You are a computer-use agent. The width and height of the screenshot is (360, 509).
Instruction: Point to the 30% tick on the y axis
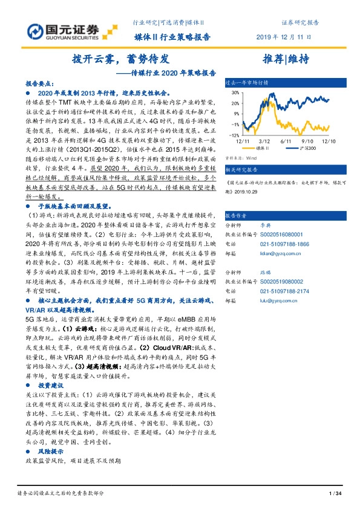[x=234, y=94]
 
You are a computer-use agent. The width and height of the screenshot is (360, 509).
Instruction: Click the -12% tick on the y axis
[x=232, y=135]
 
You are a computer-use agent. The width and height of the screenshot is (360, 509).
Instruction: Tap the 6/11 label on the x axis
[x=286, y=140]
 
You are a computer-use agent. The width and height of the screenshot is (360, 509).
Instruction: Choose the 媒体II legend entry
[x=261, y=147]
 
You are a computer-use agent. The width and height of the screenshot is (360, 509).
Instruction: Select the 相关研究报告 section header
[x=241, y=170]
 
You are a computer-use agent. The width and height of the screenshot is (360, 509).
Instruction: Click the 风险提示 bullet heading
[x=51, y=451]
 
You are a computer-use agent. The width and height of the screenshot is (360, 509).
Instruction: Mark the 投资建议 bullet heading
[x=51, y=384]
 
